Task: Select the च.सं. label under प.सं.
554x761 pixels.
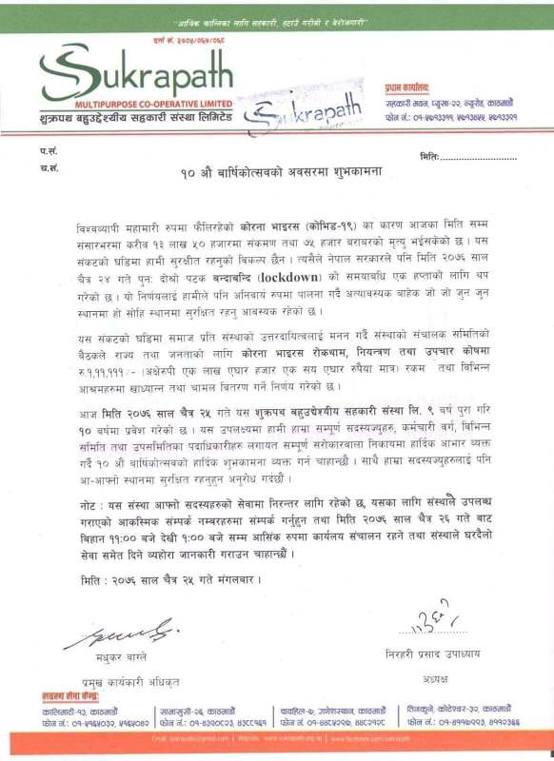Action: pos(49,168)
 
